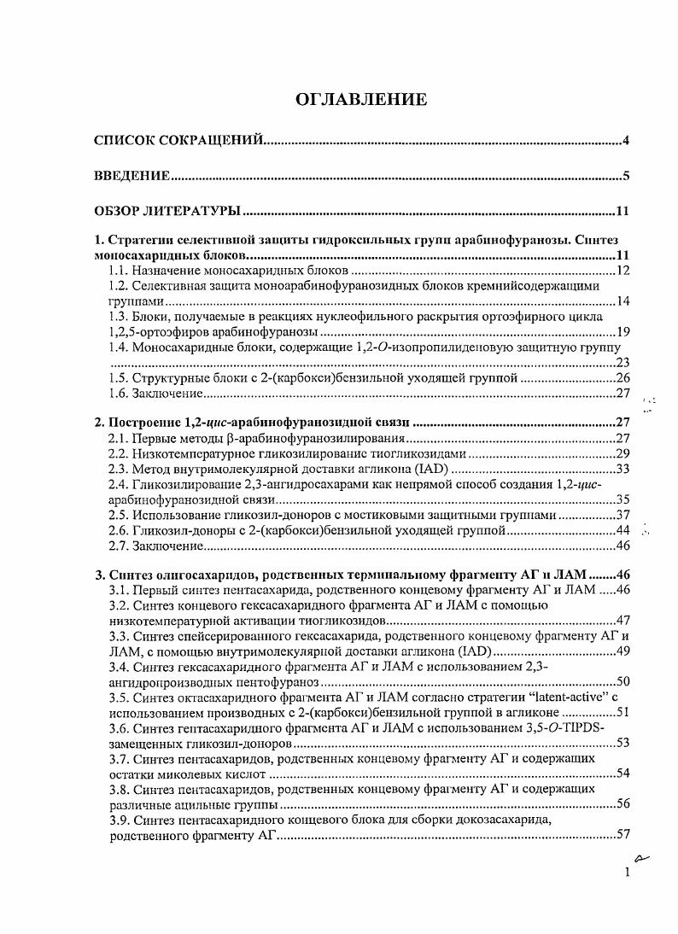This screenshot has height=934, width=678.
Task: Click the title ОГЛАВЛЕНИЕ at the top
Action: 360,101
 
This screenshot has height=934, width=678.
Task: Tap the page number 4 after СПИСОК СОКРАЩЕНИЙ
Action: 626,141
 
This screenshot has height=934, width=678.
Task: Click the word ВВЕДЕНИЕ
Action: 132,177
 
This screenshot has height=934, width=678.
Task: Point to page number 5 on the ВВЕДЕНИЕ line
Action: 626,177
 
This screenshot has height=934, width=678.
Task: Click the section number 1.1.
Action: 119,271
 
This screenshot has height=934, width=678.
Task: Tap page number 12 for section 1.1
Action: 622,271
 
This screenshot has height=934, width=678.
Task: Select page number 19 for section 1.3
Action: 622,333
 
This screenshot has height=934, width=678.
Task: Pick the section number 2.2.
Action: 119,453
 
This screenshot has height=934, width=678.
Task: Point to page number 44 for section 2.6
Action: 622,531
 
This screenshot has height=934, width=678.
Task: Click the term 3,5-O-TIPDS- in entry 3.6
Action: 564,727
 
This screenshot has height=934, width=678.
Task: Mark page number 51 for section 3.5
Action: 622,712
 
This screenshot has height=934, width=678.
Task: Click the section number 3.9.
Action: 119,820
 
